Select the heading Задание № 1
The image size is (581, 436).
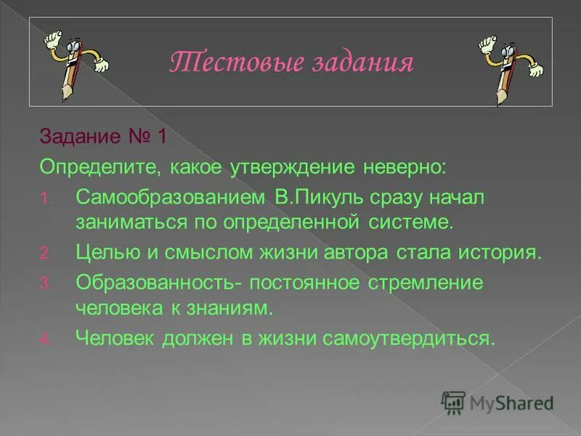pos(103,137)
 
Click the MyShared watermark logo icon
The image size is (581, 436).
pos(453,400)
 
